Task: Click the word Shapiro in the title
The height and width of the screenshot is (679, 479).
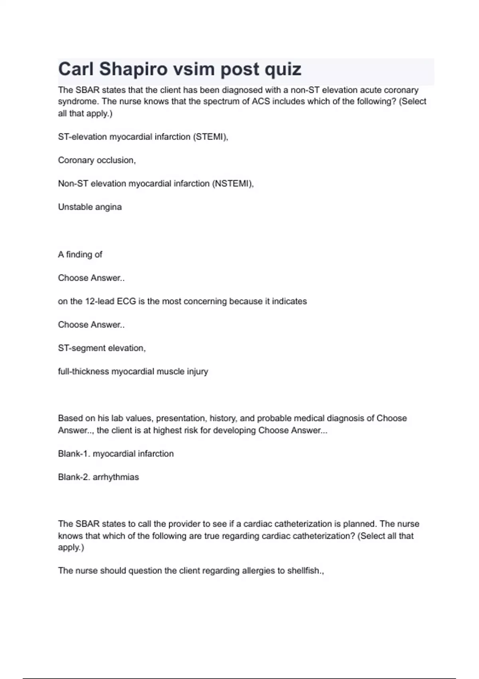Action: [x=133, y=69]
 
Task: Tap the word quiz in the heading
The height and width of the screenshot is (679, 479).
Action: [x=283, y=69]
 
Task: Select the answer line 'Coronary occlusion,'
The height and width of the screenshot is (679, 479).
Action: [x=97, y=160]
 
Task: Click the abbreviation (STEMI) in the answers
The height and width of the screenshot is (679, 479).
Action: [x=210, y=137]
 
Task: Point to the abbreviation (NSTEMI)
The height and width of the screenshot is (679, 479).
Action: [x=233, y=183]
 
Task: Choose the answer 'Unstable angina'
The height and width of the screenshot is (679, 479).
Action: [x=90, y=207]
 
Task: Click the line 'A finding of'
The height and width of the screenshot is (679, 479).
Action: [x=80, y=254]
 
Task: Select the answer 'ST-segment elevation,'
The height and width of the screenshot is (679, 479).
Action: [x=102, y=348]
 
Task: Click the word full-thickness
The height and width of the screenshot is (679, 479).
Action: [x=83, y=371]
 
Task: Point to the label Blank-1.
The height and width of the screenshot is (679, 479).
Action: [x=74, y=454]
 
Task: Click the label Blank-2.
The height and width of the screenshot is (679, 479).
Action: [x=74, y=477]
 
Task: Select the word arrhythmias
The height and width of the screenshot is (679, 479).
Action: [x=116, y=477]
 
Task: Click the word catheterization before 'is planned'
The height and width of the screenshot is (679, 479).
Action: [x=301, y=524]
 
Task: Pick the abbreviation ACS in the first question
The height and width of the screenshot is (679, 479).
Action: [x=261, y=101]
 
